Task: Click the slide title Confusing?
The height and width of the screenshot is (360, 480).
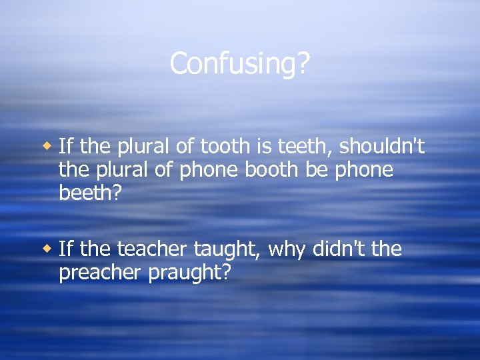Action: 239,64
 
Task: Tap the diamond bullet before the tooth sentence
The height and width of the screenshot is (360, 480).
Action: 47,145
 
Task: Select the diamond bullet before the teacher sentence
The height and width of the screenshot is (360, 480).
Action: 47,249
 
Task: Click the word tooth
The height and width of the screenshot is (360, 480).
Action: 217,146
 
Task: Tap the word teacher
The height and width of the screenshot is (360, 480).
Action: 153,250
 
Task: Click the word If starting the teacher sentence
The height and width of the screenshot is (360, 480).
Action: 65,250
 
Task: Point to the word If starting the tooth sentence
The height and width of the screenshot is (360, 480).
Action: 65,146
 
